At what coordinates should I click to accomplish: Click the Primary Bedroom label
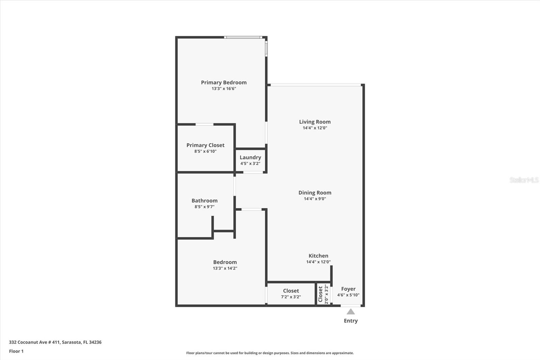pos(224,82)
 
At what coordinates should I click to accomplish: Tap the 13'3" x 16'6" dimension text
pos(224,89)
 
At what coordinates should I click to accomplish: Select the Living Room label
pos(315,122)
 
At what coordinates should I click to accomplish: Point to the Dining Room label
pos(315,193)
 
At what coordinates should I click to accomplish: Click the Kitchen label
pos(318,256)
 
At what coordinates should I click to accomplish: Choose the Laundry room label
pos(250,157)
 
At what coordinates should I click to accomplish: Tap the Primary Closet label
pos(205,145)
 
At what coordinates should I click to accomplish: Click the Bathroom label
pos(205,201)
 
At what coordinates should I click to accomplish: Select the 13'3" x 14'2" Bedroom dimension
pos(225,268)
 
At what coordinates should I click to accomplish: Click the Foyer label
pos(348,289)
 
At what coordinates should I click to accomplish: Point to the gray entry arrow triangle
pos(351,312)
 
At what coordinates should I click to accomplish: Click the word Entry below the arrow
pos(351,321)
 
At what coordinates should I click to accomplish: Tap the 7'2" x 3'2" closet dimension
pos(291,297)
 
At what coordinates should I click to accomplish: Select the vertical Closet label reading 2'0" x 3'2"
pos(323,294)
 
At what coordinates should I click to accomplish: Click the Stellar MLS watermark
pos(524,180)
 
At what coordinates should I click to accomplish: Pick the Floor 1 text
pos(16,351)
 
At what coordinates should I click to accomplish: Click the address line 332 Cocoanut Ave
pos(55,342)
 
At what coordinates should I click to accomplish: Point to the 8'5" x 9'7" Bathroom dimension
pos(205,207)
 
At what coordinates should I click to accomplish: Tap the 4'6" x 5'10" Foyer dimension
pos(348,295)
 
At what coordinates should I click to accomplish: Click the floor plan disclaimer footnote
pos(270,353)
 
